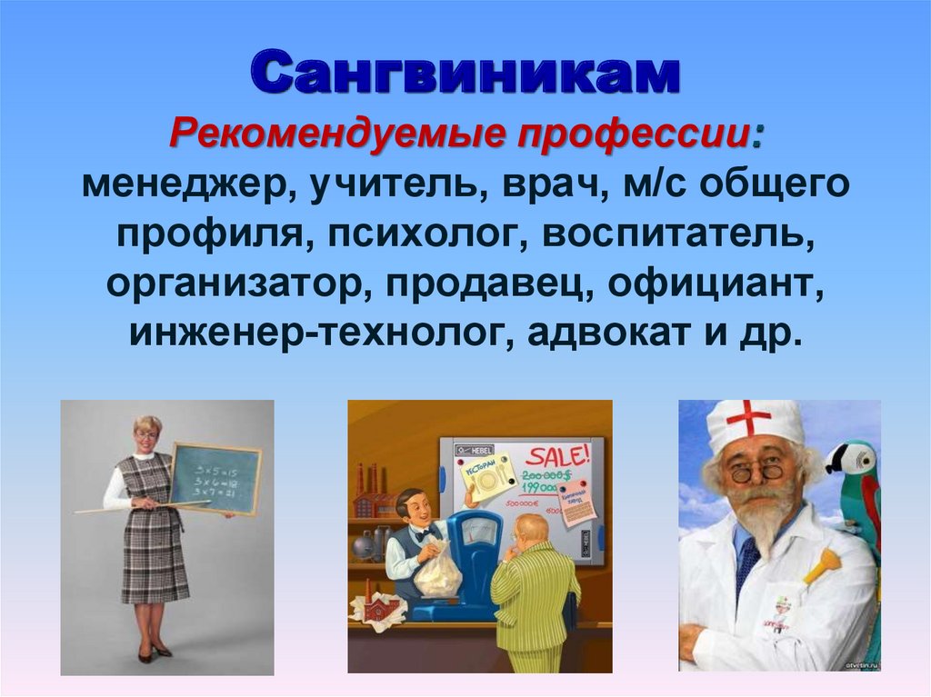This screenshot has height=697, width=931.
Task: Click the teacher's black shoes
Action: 153,652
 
